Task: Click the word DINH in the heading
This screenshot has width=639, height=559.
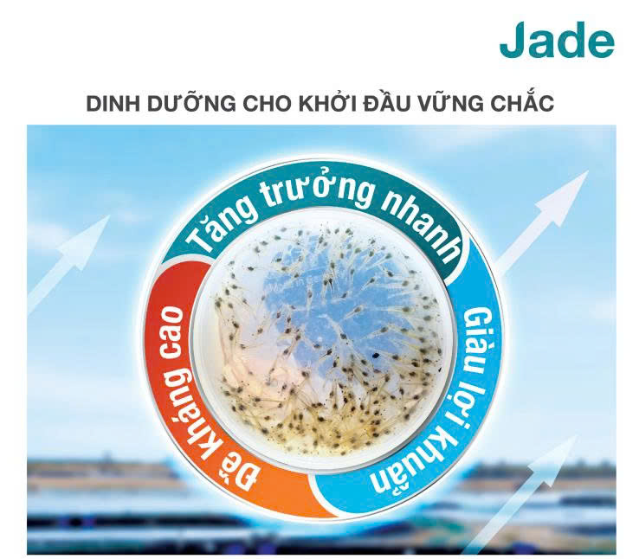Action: (111, 105)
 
